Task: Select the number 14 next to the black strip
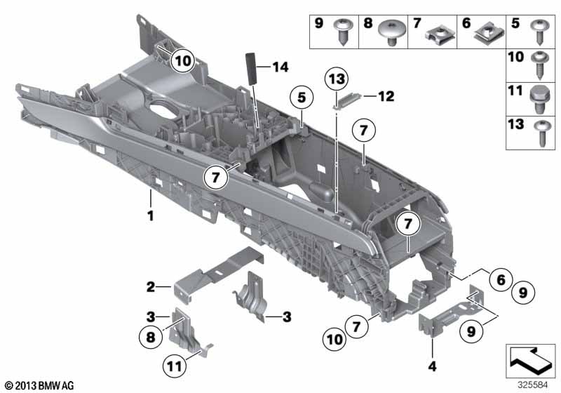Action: (280, 67)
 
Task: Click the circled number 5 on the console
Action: (302, 99)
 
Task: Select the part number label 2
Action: (150, 286)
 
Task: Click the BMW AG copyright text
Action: (39, 386)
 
